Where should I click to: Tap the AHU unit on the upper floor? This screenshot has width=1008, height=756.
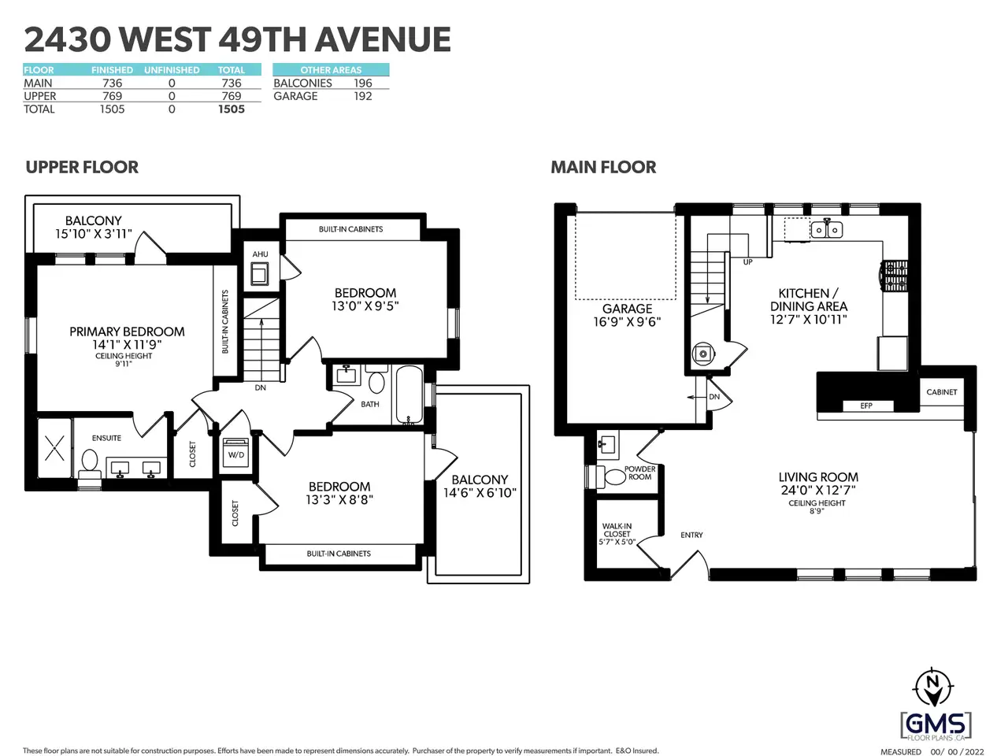(259, 274)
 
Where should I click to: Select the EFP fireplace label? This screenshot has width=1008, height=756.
(866, 406)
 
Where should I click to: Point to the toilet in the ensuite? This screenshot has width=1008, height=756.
(90, 465)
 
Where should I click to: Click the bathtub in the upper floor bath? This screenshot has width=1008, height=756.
(409, 395)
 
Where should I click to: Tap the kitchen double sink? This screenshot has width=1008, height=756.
(827, 228)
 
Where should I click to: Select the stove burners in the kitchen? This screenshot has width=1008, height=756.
(894, 276)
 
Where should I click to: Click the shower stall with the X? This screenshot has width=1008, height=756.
(54, 448)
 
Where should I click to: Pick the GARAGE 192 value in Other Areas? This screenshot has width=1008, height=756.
(363, 96)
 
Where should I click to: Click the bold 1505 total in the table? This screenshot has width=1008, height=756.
(232, 109)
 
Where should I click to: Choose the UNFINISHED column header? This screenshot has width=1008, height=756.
(172, 70)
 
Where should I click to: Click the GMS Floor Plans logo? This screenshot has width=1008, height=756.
(936, 727)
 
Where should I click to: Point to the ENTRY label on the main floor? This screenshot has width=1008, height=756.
(691, 535)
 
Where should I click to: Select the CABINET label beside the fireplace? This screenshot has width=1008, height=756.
(942, 392)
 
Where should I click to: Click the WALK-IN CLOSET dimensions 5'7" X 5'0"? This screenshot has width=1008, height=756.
(617, 542)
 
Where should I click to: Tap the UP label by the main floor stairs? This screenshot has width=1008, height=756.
(748, 262)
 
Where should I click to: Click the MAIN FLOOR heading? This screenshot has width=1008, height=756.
(603, 168)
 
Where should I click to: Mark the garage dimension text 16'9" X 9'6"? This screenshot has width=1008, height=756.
(628, 322)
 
